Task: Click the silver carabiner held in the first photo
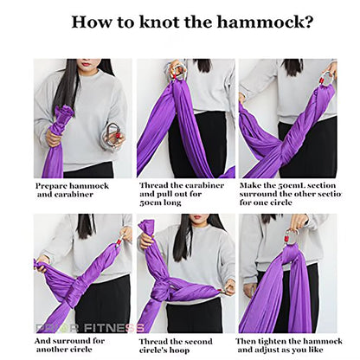coord(112,133)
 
